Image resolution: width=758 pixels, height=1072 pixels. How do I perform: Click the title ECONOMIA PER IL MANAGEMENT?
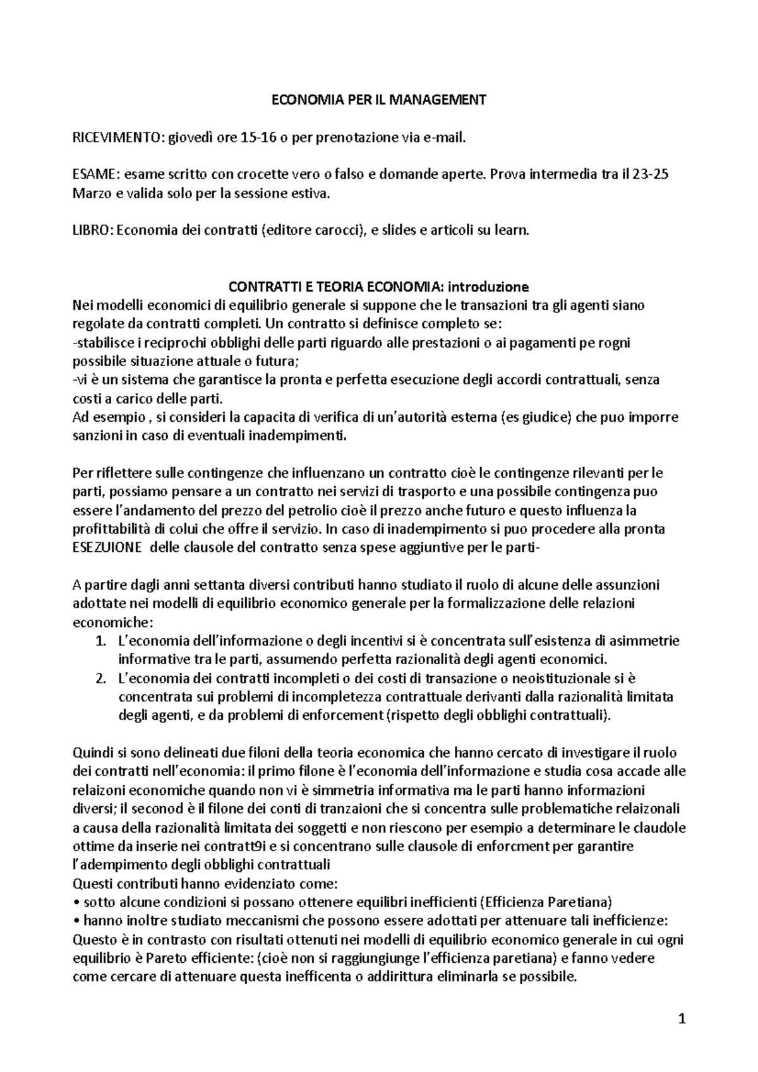click(379, 100)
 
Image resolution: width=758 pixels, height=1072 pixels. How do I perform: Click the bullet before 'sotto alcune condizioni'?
click(76, 902)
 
